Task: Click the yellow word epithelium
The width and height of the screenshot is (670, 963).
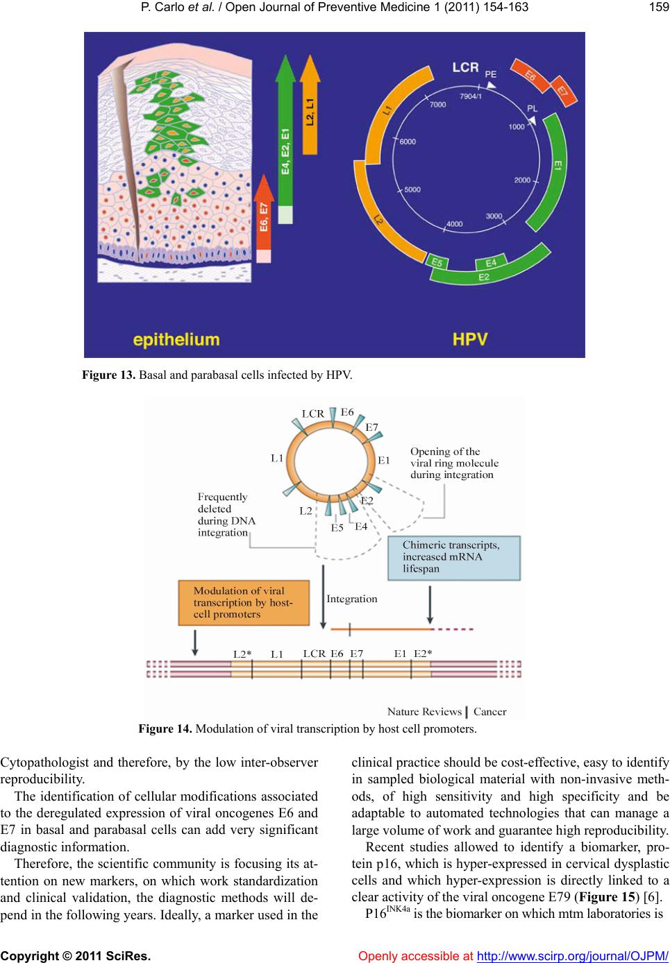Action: click(176, 340)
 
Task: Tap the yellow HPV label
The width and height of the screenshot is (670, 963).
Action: click(470, 339)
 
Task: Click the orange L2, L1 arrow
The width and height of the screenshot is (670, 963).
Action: click(310, 105)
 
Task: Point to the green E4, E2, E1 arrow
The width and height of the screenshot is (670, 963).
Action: click(285, 139)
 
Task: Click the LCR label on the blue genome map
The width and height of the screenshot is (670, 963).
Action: click(465, 67)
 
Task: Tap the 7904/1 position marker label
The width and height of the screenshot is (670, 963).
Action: click(470, 96)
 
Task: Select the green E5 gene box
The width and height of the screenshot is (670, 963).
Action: click(437, 262)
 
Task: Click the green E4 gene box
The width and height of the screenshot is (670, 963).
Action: click(491, 262)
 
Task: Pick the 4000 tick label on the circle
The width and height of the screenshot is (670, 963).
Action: click(454, 224)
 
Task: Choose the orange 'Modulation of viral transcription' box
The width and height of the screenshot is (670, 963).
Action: click(244, 603)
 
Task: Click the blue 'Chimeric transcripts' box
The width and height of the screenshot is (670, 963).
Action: click(454, 558)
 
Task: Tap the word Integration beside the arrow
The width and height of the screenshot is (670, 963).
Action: click(351, 599)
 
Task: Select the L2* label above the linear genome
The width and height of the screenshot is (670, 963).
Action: click(242, 654)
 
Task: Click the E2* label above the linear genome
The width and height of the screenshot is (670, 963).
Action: click(423, 654)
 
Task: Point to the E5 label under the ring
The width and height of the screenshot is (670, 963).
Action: click(337, 528)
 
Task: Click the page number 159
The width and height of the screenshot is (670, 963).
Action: click(660, 7)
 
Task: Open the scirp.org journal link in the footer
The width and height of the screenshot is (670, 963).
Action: click(572, 956)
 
